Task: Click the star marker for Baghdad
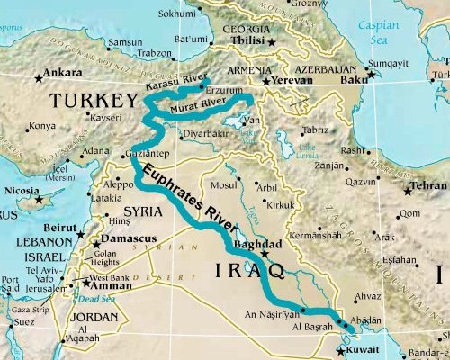[x=264, y=255]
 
